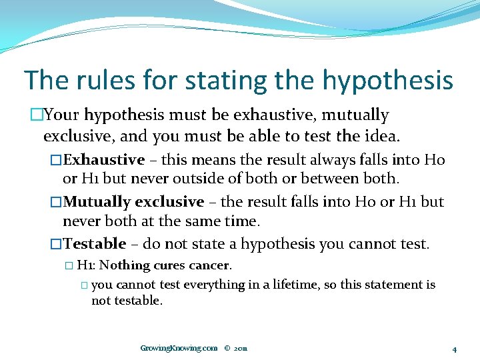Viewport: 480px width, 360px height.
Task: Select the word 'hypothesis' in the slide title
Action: pyautogui.click(x=387, y=81)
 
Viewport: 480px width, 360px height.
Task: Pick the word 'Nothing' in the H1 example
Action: pyautogui.click(x=125, y=265)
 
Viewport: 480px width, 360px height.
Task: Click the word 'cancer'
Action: pyautogui.click(x=209, y=265)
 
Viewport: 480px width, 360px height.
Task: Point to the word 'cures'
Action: pyautogui.click(x=169, y=265)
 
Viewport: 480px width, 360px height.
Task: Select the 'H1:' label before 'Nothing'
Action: pyautogui.click(x=87, y=265)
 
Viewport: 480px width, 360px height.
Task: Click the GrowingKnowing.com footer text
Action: pyautogui.click(x=179, y=348)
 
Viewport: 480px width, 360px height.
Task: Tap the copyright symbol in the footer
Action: pyautogui.click(x=227, y=348)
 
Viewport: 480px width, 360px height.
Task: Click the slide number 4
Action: pyautogui.click(x=453, y=349)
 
